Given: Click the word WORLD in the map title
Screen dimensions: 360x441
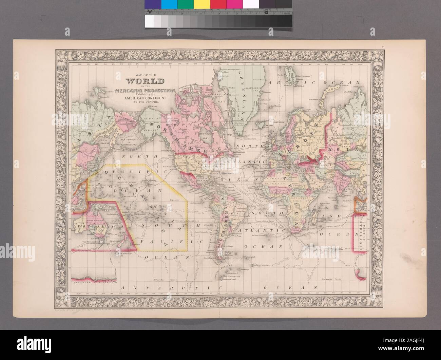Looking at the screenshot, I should pos(145,81).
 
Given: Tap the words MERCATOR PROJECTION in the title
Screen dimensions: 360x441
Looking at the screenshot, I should pos(146,90).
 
